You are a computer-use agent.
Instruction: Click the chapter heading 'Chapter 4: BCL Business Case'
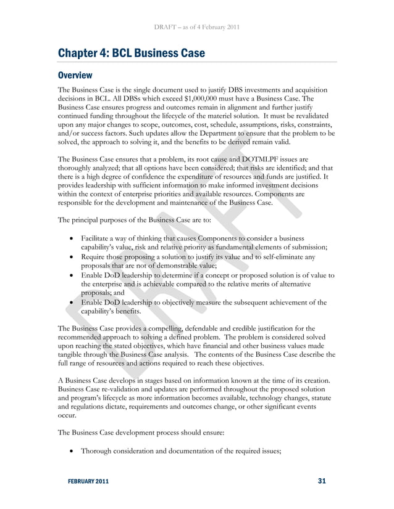(x=131, y=53)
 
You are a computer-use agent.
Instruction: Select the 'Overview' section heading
(x=75, y=76)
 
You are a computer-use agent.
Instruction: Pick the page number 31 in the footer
(x=321, y=481)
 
